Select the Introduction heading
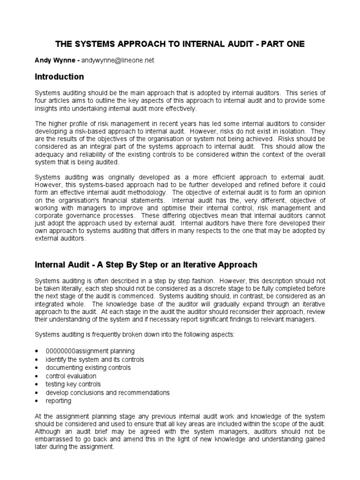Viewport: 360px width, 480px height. point(60,77)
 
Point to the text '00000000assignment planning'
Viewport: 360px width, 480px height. point(90,351)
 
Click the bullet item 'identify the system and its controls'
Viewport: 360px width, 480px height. point(95,360)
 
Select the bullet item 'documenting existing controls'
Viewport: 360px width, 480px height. point(88,368)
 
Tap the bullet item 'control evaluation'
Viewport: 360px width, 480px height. point(71,376)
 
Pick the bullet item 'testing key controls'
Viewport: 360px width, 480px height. point(73,384)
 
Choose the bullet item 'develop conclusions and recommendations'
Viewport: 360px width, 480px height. point(107,393)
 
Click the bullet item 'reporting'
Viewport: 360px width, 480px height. point(59,401)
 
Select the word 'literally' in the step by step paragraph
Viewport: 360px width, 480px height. point(81,288)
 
